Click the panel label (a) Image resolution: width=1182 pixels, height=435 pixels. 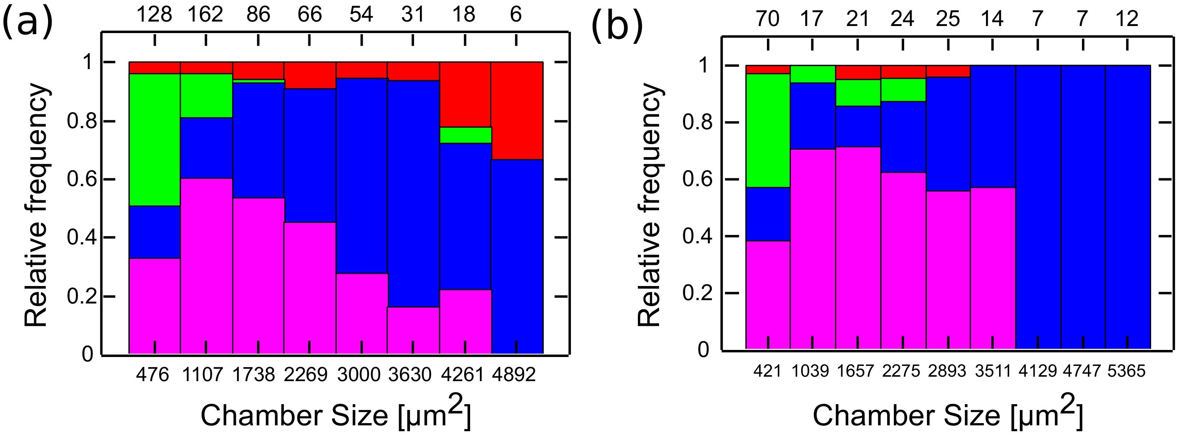[x=28, y=21]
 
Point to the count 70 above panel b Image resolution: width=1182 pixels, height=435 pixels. [x=768, y=19]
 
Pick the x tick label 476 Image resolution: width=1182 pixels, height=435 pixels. [x=153, y=375]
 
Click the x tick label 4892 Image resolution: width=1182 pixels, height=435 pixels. [x=514, y=375]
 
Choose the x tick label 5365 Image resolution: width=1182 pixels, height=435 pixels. [x=1127, y=370]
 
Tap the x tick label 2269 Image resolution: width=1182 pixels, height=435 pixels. [x=306, y=375]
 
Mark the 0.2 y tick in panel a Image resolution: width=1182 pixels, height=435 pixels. [x=80, y=296]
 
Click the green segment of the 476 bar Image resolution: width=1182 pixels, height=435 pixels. [x=155, y=139]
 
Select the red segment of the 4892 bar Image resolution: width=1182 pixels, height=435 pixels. [x=517, y=110]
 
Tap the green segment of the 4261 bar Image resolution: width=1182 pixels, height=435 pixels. [x=466, y=135]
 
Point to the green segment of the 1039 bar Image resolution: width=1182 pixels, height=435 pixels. [x=813, y=74]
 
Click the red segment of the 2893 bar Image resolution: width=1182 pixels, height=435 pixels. [x=948, y=71]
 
